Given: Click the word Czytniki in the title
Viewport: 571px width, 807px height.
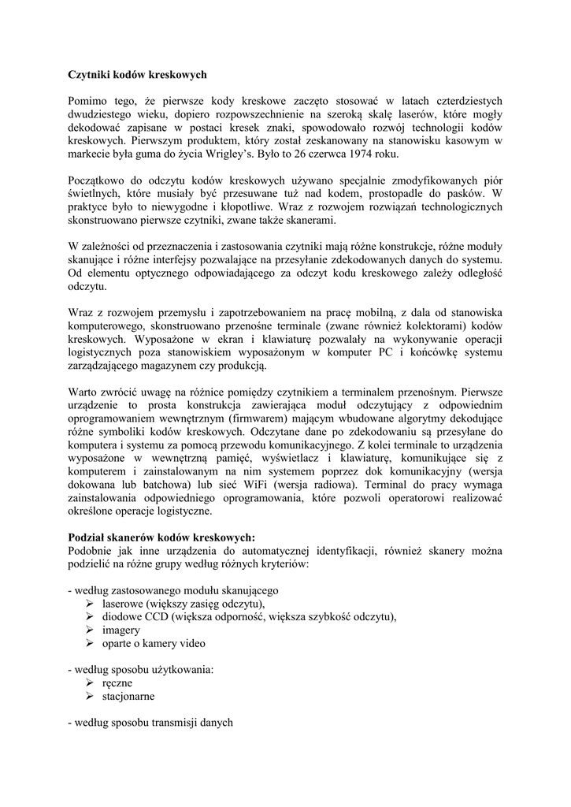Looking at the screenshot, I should [x=88, y=75].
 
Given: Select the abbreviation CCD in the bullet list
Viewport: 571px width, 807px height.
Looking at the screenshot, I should [x=158, y=617].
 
